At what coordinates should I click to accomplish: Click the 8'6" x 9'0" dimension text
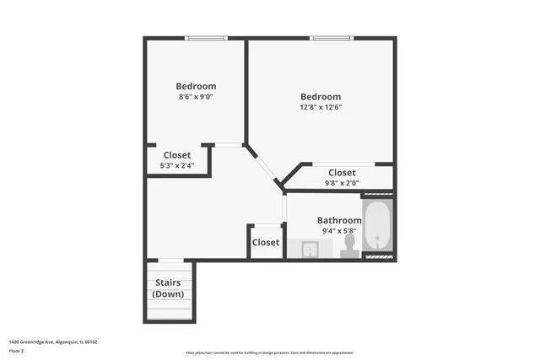coord(196,97)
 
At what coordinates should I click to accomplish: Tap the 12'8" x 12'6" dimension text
coord(321,107)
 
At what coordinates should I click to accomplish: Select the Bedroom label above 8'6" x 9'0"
coord(196,86)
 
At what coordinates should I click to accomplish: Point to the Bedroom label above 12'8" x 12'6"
coord(321,96)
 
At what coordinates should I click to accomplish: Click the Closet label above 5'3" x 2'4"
coord(177,155)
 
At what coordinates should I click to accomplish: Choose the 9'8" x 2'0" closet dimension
coord(342,183)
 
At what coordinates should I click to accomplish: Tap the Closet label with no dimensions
coord(266,242)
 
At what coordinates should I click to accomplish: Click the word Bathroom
coord(339,220)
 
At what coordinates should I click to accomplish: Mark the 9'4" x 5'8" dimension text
coord(339,231)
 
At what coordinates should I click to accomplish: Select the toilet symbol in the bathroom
coord(349,245)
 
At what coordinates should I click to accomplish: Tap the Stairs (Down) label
coord(170,288)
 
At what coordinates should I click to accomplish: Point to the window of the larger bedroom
coord(331,38)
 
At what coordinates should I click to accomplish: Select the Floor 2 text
coord(18,352)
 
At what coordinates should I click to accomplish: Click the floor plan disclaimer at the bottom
coord(270,352)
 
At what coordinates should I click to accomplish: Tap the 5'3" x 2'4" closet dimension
coord(177,166)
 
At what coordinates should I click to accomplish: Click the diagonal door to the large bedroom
coord(263,164)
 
